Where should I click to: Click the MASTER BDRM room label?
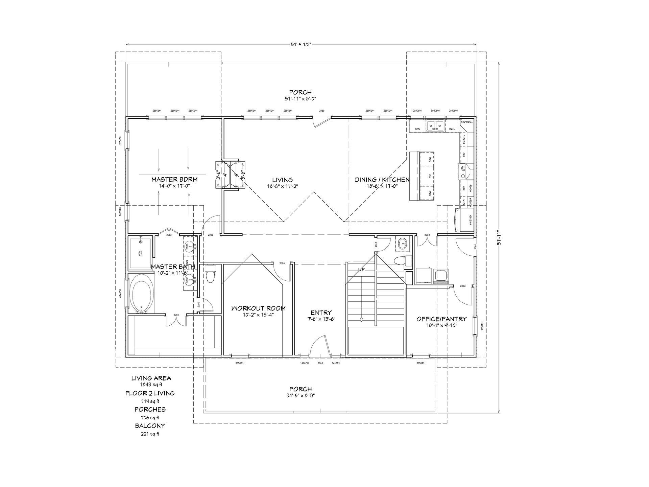click(174, 179)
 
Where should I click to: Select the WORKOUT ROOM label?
click(258, 308)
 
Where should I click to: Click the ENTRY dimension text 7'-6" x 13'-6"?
click(321, 319)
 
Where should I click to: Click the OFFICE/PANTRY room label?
click(441, 319)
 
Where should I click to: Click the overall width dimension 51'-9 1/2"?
click(301, 45)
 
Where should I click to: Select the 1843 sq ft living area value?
click(151, 385)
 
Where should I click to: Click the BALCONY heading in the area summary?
click(151, 426)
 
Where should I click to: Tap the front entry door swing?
click(319, 346)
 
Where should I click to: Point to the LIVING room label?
click(282, 180)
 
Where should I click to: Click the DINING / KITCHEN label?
click(382, 180)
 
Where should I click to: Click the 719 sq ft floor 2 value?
click(150, 401)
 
